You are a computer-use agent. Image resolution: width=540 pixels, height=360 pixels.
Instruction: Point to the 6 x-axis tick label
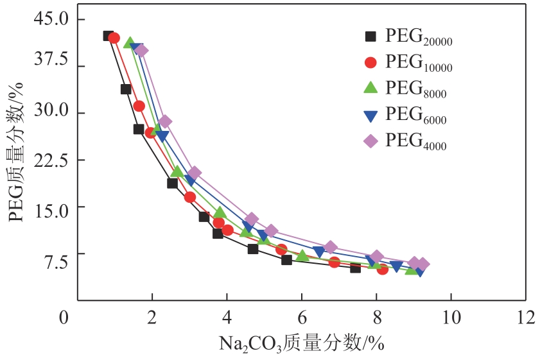[301, 316]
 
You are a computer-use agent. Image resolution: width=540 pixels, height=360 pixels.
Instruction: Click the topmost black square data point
[109, 36]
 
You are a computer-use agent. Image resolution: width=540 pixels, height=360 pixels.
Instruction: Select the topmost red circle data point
[114, 39]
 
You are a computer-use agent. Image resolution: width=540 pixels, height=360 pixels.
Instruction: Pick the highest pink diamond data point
[142, 51]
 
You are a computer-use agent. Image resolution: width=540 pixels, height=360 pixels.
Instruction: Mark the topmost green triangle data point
[130, 44]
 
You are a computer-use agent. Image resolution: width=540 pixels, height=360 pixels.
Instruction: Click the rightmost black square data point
[355, 267]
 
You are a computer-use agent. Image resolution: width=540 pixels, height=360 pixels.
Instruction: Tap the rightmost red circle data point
[383, 269]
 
